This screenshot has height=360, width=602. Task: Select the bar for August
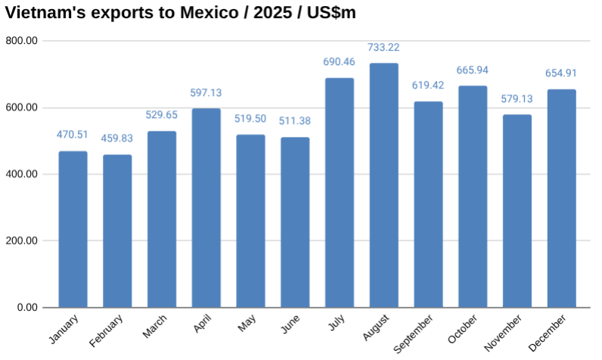click(383, 185)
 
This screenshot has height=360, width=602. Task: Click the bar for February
click(117, 231)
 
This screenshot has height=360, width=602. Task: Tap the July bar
click(340, 193)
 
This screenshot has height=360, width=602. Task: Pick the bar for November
click(517, 211)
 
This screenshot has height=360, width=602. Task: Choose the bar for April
click(206, 208)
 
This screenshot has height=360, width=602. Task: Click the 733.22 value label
click(383, 48)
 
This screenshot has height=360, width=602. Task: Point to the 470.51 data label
click(73, 135)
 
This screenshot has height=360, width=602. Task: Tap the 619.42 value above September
click(428, 85)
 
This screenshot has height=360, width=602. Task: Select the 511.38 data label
click(295, 122)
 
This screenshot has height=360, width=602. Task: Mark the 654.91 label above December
click(561, 74)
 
